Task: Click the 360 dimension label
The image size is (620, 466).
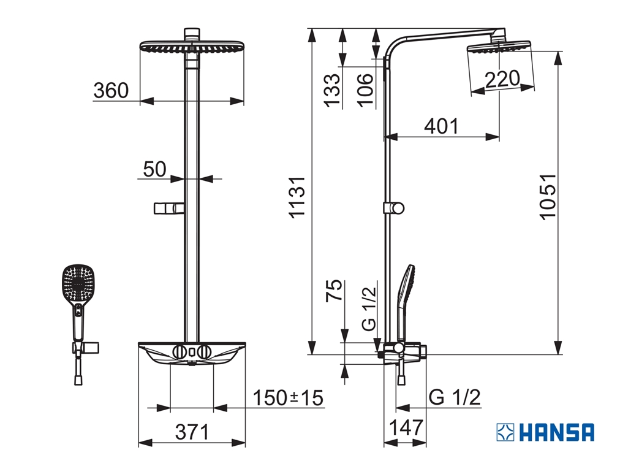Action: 111,91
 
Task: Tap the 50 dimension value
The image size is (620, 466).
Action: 154,169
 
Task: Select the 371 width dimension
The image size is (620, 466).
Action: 192,432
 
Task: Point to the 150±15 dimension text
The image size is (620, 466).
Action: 288,398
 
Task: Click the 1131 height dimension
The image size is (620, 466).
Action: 297,197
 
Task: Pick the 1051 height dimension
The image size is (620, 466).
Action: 548,196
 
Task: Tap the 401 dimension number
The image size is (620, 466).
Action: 441,126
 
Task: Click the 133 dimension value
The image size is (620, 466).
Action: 332,90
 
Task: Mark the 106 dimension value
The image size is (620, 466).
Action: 366,90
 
